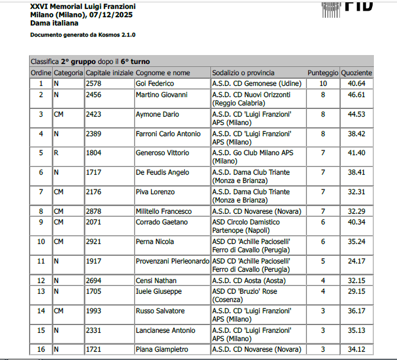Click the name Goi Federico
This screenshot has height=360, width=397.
click(x=155, y=83)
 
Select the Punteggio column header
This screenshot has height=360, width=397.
click(x=323, y=72)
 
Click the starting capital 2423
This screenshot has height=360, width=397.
click(x=94, y=114)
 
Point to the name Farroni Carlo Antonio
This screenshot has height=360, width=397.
click(x=168, y=134)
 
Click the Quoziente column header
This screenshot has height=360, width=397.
click(x=357, y=72)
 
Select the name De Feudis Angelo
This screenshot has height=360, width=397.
click(x=162, y=172)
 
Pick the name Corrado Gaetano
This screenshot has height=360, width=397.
click(x=162, y=222)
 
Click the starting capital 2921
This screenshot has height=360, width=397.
click(x=94, y=242)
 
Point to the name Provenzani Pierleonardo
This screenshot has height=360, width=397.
click(x=172, y=261)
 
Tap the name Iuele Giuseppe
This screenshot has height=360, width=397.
click(x=159, y=291)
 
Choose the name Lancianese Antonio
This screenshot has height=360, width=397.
click(x=165, y=330)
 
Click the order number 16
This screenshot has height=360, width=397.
click(x=41, y=349)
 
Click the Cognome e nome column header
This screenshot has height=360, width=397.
click(x=163, y=72)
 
